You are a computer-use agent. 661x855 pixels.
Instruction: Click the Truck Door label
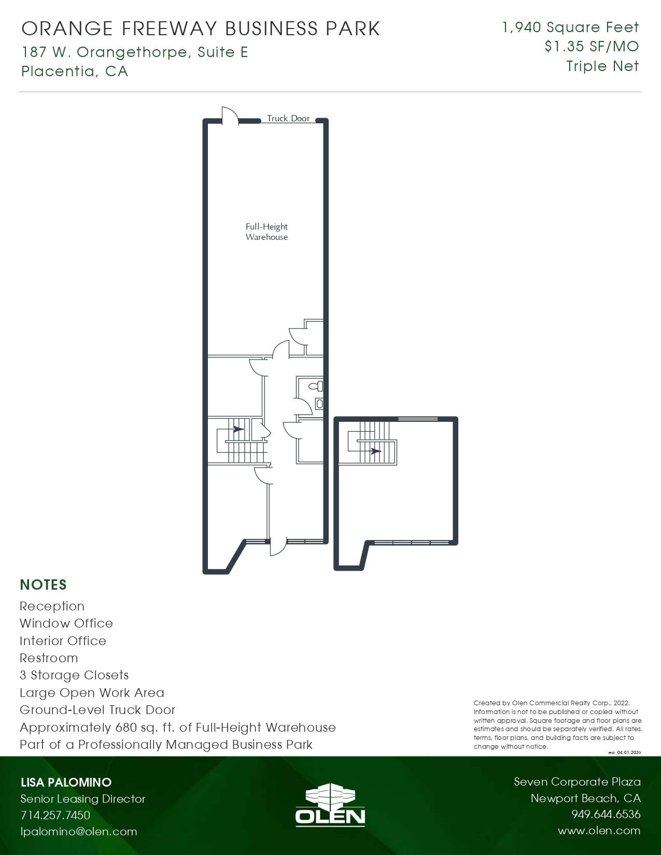288,118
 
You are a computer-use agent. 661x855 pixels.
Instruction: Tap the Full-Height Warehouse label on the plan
266,232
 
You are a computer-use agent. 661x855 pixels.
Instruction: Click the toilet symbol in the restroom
316,386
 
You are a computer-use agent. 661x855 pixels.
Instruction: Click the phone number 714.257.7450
55,815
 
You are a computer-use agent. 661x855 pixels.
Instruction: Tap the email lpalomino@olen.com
79,832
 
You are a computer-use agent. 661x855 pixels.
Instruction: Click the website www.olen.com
599,831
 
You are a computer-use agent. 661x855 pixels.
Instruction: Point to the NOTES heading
43,585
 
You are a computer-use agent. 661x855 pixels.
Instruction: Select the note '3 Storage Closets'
74,675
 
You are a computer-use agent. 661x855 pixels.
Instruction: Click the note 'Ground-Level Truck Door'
97,710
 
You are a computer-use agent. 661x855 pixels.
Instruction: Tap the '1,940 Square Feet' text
570,27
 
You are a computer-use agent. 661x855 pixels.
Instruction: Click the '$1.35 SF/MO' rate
592,47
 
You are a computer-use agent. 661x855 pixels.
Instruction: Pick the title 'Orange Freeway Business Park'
201,29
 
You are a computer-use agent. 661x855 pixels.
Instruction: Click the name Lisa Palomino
66,782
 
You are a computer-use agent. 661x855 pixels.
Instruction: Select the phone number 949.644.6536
606,814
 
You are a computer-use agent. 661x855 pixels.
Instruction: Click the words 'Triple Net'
602,66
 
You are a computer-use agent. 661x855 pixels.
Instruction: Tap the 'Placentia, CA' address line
75,71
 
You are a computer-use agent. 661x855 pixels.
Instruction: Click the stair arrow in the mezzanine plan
376,451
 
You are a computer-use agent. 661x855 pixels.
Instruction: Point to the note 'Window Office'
66,623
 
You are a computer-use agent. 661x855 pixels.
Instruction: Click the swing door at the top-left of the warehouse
229,116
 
